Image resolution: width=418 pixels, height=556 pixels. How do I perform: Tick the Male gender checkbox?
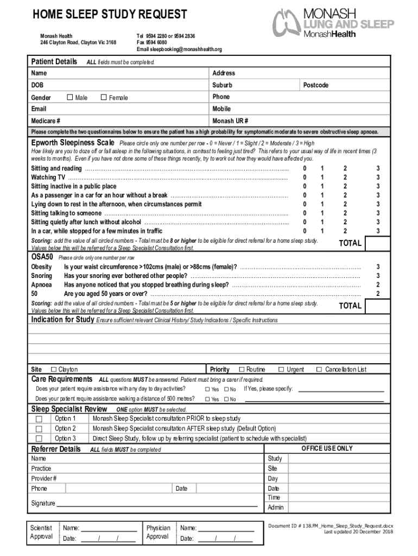click(x=69, y=98)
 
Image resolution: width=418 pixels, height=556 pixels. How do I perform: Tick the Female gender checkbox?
click(x=104, y=98)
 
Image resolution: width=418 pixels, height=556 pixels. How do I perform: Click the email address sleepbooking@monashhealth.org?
click(x=179, y=49)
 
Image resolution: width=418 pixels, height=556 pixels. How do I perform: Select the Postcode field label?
click(x=315, y=85)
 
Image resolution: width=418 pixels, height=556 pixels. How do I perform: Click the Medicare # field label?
click(x=46, y=121)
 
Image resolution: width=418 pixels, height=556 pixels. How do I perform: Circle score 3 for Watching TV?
click(x=378, y=178)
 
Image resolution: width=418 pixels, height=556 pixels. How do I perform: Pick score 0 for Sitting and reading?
click(x=305, y=169)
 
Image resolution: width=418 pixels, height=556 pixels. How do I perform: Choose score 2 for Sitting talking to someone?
click(x=345, y=213)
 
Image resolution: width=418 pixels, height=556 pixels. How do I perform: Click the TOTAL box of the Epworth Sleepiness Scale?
click(x=350, y=243)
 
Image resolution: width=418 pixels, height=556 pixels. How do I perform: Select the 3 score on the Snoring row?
click(x=378, y=276)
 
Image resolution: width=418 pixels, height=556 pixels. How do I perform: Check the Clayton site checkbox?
click(x=53, y=370)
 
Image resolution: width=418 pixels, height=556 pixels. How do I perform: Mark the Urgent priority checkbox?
click(x=281, y=370)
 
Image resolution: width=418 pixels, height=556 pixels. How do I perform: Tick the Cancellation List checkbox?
click(x=319, y=370)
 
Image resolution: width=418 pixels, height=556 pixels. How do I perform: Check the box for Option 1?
click(x=39, y=419)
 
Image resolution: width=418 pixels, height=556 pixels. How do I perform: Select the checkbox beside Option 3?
click(x=39, y=439)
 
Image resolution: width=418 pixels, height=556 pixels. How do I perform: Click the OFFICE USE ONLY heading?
click(x=327, y=448)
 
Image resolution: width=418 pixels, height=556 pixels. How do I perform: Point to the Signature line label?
click(x=43, y=503)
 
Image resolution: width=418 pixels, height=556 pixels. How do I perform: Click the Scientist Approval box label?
click(x=41, y=532)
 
